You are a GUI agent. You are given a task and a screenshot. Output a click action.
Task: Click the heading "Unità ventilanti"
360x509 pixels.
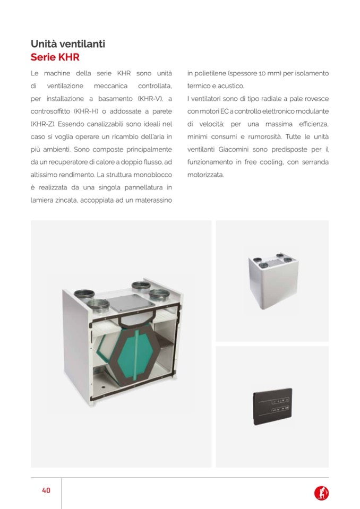pyautogui.click(x=68, y=44)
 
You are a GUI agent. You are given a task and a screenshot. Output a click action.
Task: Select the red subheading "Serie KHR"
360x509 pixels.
pyautogui.click(x=55, y=57)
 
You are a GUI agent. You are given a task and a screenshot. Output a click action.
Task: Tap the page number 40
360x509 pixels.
pyautogui.click(x=46, y=490)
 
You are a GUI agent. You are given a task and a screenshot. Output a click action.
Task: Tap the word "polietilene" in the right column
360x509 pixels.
pyautogui.click(x=211, y=73)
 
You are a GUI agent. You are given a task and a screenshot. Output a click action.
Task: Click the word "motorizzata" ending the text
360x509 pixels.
pyautogui.click(x=206, y=175)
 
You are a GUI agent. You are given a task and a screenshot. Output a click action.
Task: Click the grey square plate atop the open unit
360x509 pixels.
pyautogui.click(x=121, y=301)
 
